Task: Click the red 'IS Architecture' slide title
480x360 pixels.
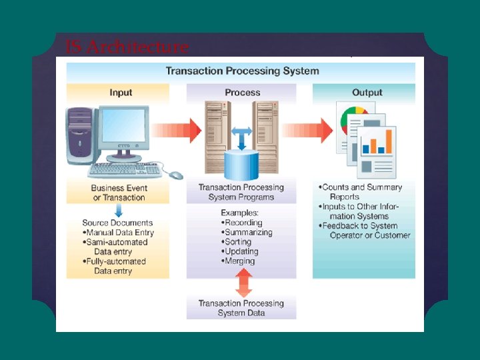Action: [127, 47]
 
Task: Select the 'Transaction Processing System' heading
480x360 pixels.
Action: [243, 71]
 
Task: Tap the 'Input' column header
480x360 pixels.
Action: [121, 93]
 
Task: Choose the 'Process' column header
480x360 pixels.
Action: [243, 93]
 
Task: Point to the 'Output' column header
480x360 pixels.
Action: [367, 93]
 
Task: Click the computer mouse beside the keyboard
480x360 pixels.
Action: [176, 175]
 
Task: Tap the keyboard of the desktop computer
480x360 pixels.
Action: [125, 170]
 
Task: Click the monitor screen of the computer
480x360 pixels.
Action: [123, 125]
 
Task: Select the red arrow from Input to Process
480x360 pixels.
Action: [176, 131]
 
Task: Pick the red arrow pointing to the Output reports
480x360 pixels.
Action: [307, 131]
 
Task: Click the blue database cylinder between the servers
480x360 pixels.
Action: [241, 165]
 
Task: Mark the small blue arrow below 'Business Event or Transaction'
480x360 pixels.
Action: [119, 210]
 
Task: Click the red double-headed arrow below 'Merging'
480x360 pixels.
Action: [244, 283]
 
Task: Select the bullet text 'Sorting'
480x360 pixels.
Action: [238, 242]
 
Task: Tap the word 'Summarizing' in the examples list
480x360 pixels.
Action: [249, 233]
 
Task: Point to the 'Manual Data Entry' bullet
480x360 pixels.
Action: [118, 233]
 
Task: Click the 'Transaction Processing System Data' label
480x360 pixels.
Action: [241, 308]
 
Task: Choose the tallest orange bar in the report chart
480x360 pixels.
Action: [389, 141]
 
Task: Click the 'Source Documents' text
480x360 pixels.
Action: [117, 223]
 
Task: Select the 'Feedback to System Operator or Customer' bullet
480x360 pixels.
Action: [364, 231]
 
